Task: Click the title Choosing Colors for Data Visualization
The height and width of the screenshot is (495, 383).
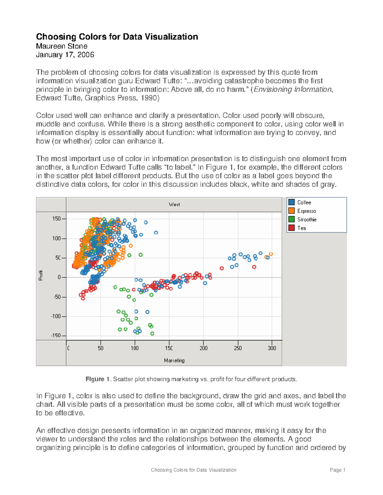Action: [117, 37]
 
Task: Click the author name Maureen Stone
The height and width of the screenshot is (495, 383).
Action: [62, 46]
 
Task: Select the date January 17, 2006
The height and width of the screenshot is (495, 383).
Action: [65, 55]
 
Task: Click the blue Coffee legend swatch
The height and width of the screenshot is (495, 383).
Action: [291, 202]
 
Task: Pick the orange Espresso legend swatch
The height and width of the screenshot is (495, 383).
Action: [291, 211]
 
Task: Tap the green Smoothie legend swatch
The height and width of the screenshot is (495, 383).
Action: [291, 219]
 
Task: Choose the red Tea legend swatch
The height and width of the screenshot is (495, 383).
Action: [291, 228]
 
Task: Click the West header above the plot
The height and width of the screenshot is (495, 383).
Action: [174, 204]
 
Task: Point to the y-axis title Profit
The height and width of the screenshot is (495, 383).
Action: [41, 275]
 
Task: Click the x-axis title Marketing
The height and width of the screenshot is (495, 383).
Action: [174, 360]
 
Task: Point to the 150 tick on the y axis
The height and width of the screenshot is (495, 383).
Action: [56, 219]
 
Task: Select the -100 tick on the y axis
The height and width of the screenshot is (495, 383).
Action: [56, 316]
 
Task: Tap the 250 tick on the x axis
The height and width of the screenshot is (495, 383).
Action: [238, 348]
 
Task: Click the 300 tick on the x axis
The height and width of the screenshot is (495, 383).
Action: [272, 348]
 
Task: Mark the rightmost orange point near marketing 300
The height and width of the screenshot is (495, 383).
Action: [271, 254]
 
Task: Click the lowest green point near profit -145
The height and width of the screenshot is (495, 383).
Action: [152, 333]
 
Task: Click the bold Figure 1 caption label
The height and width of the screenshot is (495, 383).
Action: [95, 379]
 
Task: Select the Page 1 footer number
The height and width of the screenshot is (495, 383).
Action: [338, 470]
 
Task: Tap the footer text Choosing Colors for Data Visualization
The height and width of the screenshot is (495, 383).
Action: [193, 470]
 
